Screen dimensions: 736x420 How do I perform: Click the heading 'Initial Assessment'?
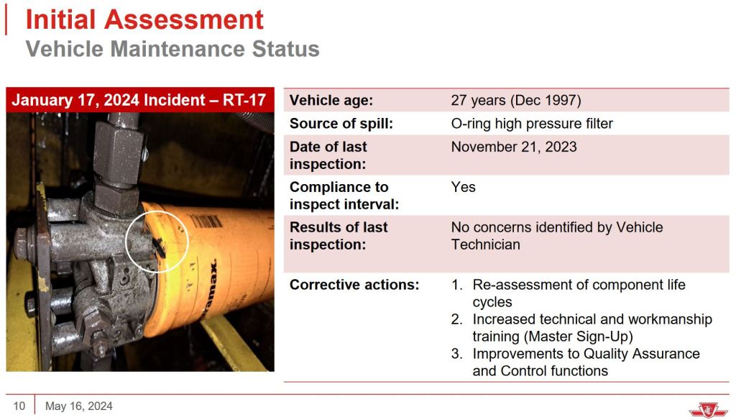144,19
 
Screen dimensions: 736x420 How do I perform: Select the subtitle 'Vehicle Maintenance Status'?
172,49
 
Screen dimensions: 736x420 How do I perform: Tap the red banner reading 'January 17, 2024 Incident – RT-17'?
140,100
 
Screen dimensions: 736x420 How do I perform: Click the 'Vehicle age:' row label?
331,100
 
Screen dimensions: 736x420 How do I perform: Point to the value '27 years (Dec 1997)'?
516,100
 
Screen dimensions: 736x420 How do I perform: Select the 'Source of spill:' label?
341,124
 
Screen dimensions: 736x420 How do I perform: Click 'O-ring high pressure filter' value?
532,124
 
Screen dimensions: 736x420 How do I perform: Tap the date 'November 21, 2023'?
513,147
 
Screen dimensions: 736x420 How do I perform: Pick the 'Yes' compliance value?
464,187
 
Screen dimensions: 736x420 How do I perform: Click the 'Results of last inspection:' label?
339,236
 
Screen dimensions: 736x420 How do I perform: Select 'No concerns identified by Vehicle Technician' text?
557,236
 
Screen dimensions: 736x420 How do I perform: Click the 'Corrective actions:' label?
354,285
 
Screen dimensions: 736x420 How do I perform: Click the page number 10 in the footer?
19,406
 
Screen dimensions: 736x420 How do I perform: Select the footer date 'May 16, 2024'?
79,406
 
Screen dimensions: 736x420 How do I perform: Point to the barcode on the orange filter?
206,221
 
